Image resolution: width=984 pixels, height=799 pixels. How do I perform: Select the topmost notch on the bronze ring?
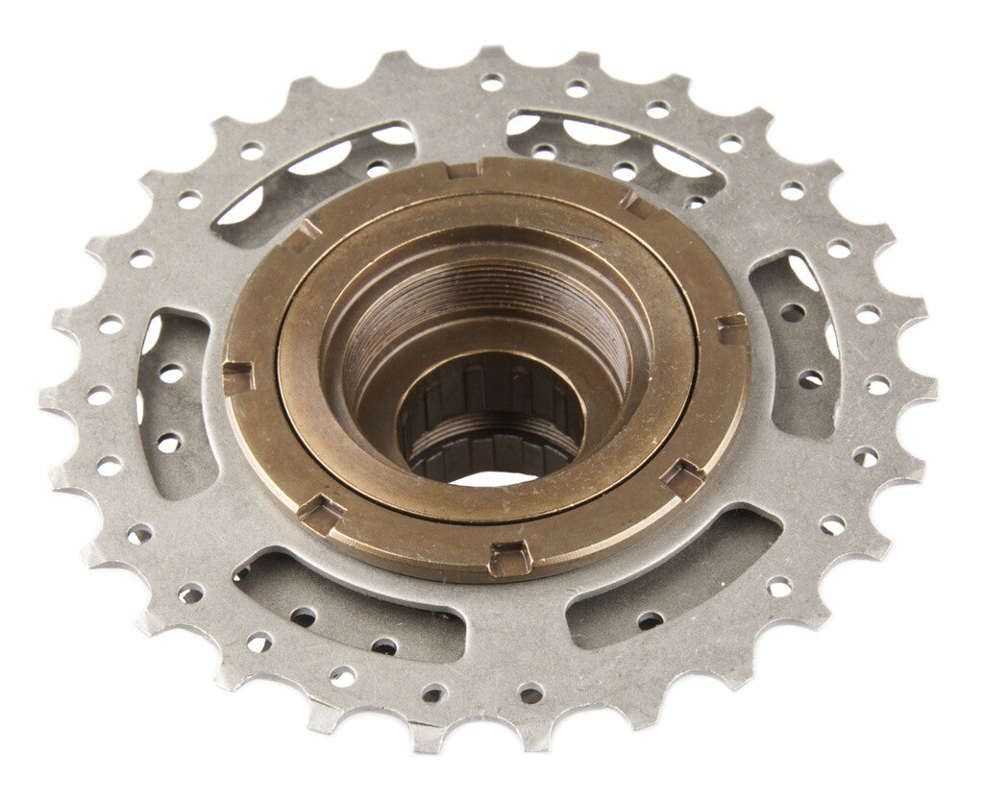point(464,169)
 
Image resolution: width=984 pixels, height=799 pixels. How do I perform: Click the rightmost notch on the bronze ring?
point(732,329)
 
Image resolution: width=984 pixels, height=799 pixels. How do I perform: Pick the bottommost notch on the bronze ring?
point(508,558)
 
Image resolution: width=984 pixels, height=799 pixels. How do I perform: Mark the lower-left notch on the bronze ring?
point(321,515)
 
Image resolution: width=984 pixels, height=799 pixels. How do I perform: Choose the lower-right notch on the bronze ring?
point(683,476)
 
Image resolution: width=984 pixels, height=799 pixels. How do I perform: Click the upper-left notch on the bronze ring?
point(307,230)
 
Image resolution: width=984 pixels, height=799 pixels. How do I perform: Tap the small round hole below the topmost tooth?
point(491,84)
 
